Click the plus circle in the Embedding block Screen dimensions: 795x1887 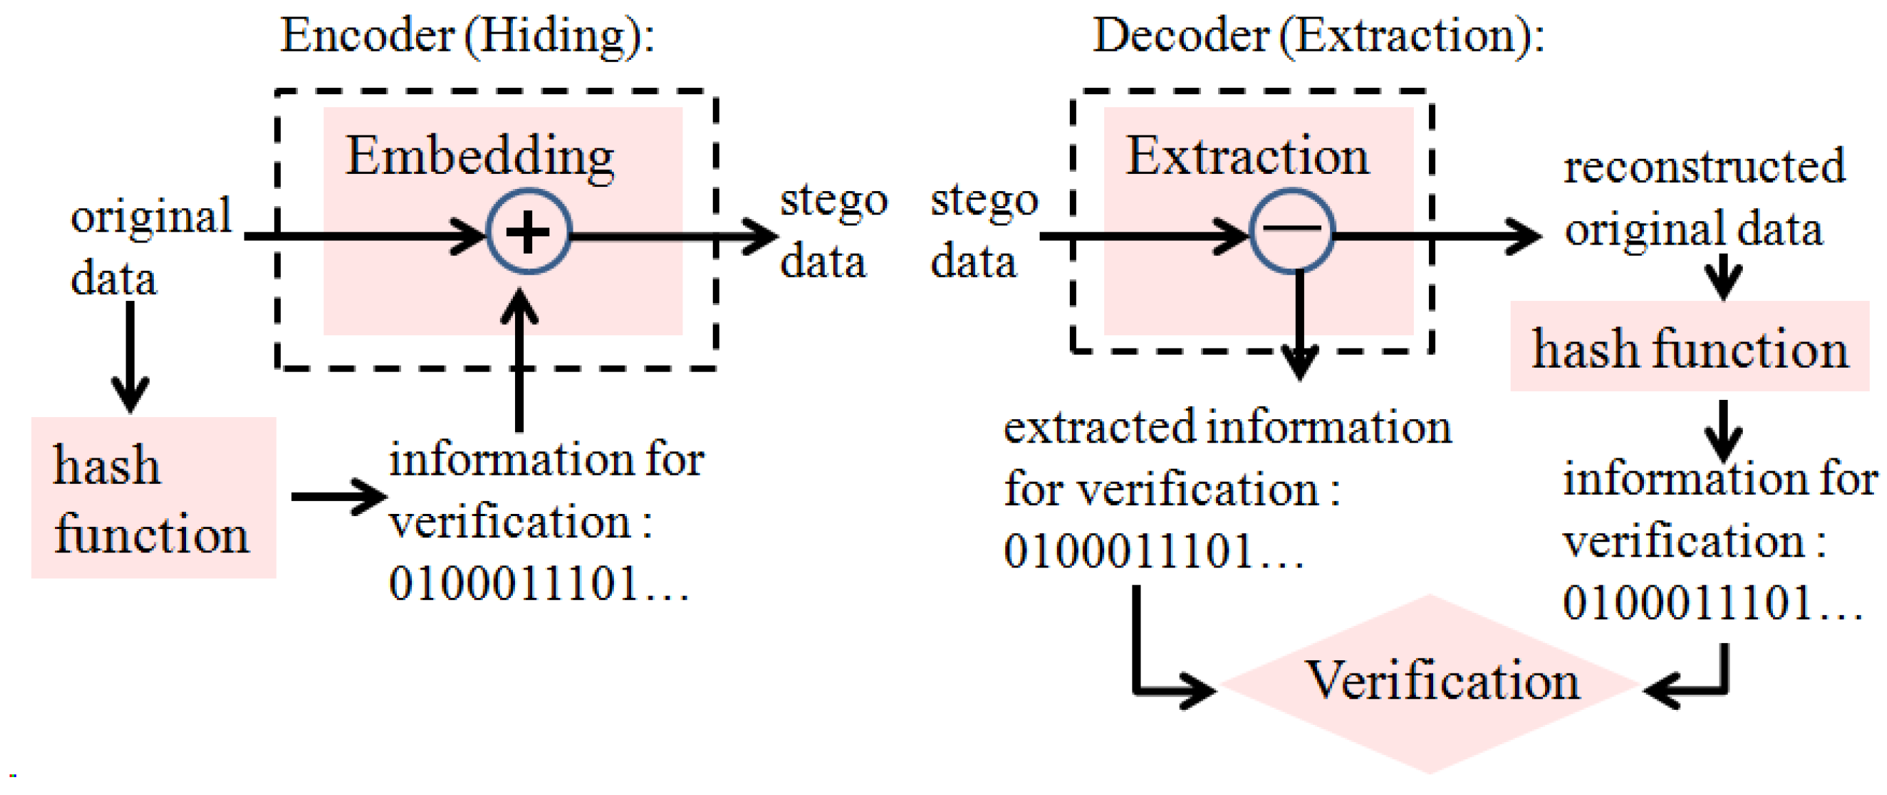(x=528, y=232)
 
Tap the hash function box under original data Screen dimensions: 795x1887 (x=152, y=498)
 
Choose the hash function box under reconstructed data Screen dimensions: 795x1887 (x=1689, y=346)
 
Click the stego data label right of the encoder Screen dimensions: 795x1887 (x=833, y=231)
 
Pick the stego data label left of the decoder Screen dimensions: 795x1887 (x=983, y=231)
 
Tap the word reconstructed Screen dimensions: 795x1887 (x=1704, y=166)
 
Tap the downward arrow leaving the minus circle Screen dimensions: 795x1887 (x=1299, y=326)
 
